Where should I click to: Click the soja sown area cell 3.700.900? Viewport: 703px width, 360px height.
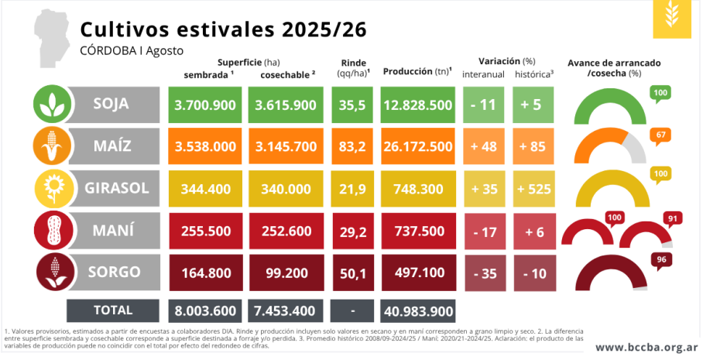pyautogui.click(x=205, y=105)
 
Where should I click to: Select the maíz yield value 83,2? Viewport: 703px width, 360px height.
pyautogui.click(x=352, y=146)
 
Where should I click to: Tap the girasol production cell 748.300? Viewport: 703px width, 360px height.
pyautogui.click(x=418, y=189)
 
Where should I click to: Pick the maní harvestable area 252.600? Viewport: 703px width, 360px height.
pyautogui.click(x=286, y=231)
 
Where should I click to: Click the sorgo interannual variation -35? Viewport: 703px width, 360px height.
pyautogui.click(x=484, y=273)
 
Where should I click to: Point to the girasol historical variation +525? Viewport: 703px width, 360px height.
pyautogui.click(x=534, y=189)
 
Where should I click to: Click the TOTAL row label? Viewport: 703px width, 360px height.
pyautogui.click(x=113, y=310)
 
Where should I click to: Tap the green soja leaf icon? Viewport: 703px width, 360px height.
pyautogui.click(x=53, y=104)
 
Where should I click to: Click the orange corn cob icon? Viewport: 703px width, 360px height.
pyautogui.click(x=53, y=146)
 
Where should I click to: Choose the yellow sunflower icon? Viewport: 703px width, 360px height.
pyautogui.click(x=53, y=188)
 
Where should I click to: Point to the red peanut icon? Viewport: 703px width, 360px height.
pyautogui.click(x=53, y=231)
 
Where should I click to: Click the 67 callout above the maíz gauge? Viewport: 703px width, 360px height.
pyautogui.click(x=660, y=135)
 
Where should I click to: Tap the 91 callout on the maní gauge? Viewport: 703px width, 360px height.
pyautogui.click(x=673, y=219)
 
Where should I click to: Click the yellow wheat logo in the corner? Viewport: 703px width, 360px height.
pyautogui.click(x=671, y=19)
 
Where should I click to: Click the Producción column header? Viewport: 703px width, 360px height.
pyautogui.click(x=418, y=71)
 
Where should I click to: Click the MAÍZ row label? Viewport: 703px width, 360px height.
pyautogui.click(x=111, y=146)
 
